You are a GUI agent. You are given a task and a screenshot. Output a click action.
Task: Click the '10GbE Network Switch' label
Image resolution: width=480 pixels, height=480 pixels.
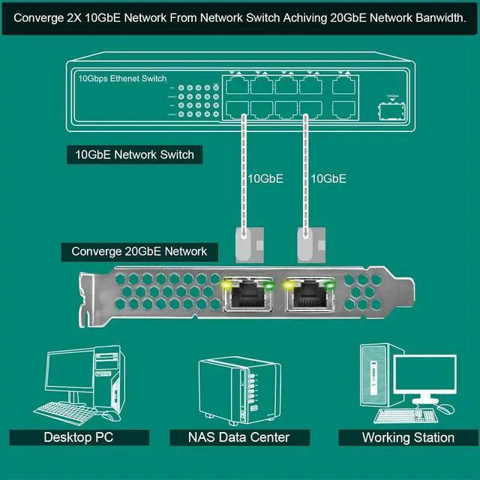[135, 155]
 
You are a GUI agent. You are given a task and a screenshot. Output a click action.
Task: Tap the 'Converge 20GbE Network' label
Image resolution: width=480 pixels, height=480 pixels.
[139, 252]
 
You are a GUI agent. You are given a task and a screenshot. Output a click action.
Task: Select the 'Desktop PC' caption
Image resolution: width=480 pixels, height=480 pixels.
[79, 437]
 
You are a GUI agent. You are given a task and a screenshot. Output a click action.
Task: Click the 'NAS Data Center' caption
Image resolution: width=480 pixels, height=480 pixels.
[239, 437]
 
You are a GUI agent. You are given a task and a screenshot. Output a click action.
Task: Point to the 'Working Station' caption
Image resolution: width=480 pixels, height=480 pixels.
[408, 437]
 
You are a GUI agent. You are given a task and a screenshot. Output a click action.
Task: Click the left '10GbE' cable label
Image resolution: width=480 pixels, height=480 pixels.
[265, 178]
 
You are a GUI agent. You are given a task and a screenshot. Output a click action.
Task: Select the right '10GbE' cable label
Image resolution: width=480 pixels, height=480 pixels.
[328, 178]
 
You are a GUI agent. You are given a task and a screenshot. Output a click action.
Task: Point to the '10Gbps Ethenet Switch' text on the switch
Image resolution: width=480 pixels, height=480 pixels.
[122, 78]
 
